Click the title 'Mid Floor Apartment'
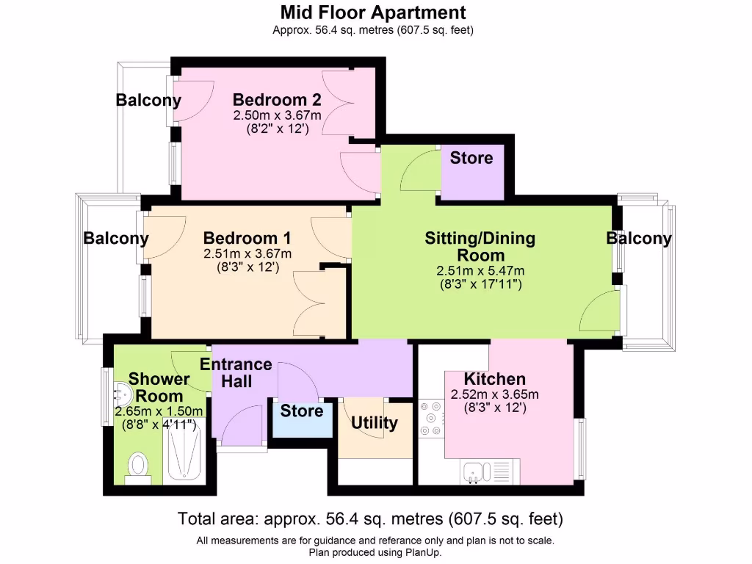pos(372,12)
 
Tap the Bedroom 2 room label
pos(277,100)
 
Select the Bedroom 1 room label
pos(247,239)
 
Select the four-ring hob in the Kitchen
pos(430,420)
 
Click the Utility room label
pos(374,423)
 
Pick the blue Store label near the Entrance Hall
pos(302,411)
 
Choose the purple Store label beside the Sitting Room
pos(471,158)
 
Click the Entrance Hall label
pos(236,373)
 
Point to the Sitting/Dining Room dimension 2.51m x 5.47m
pos(480,270)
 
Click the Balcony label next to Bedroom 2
pos(148,101)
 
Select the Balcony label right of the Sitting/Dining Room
pos(638,239)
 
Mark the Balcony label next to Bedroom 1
pos(116,239)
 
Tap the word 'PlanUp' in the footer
pos(422,552)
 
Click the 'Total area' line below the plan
pos(370,519)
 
